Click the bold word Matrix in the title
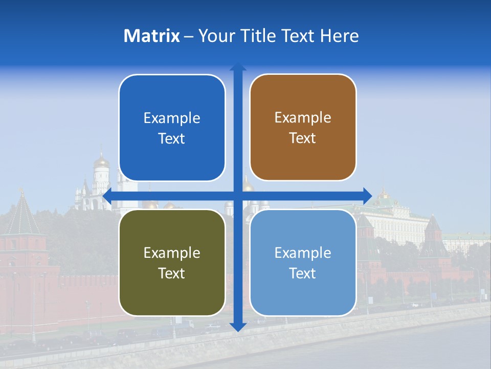coord(151,36)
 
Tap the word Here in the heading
coord(339,36)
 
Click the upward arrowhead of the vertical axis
coord(238,67)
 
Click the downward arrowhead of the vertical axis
coord(238,327)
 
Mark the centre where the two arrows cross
coord(238,196)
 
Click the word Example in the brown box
coord(303,118)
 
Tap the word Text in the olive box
coord(171,274)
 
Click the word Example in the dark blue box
coord(172,118)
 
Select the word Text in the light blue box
coord(302,274)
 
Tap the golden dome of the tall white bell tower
coord(101,160)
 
